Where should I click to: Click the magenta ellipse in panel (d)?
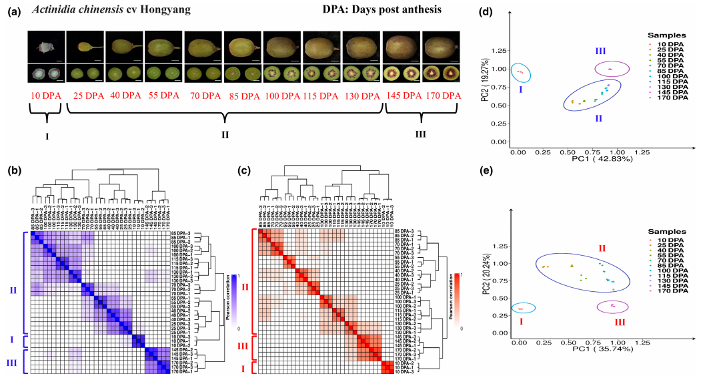click(x=610, y=69)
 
